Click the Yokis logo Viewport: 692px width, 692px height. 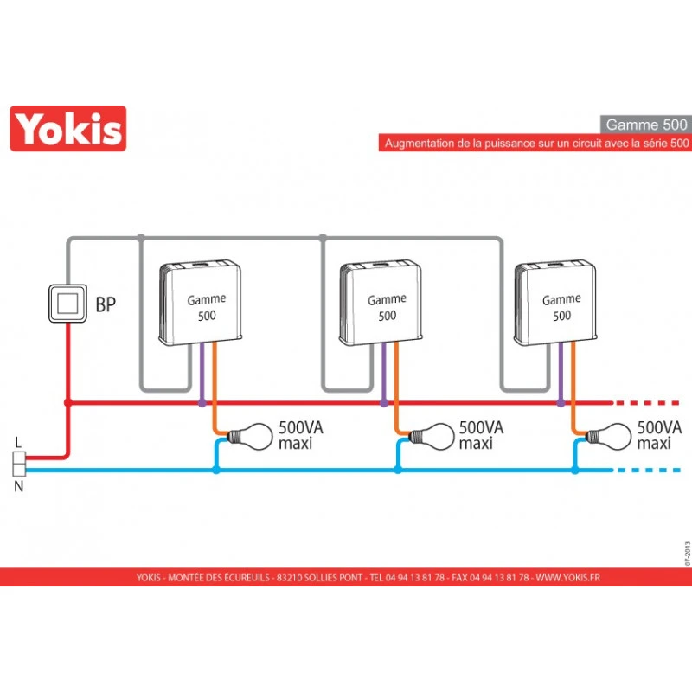click(67, 128)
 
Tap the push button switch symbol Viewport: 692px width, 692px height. click(67, 303)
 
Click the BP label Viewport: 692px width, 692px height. click(106, 304)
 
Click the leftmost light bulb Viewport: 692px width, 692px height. click(251, 435)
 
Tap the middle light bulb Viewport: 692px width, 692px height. click(432, 435)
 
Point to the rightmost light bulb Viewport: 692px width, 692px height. click(611, 435)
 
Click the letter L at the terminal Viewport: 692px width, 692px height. click(19, 443)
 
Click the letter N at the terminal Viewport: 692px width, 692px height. click(19, 487)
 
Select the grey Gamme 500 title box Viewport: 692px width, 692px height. click(644, 124)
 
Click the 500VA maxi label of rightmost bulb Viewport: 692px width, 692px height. click(658, 435)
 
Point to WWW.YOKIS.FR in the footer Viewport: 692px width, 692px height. click(567, 578)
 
